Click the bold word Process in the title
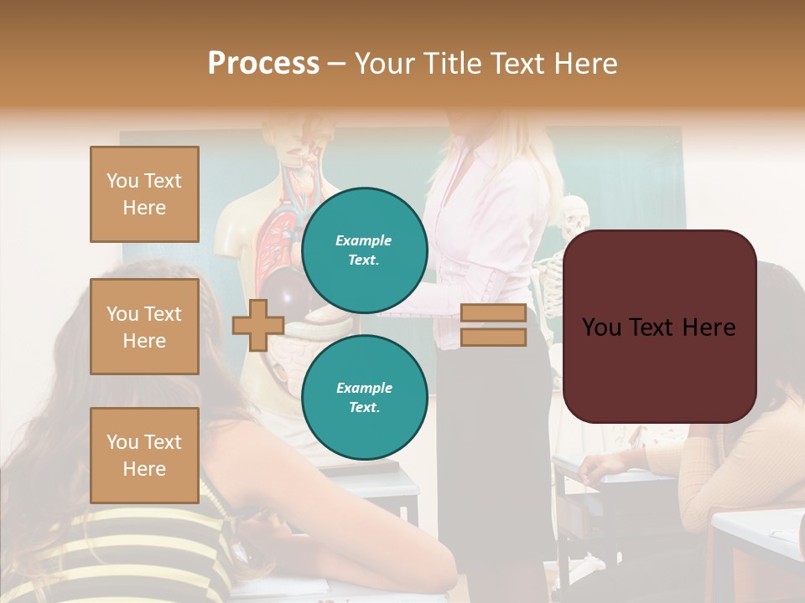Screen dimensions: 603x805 coord(263,64)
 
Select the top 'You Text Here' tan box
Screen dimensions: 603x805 coord(144,194)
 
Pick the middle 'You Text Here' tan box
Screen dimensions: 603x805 coord(144,327)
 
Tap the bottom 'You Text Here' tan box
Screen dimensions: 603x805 coord(144,455)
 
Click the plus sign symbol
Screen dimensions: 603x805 coord(257,325)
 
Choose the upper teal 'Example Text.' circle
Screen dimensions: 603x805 coord(364,250)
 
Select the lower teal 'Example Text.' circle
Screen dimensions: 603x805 coord(364,397)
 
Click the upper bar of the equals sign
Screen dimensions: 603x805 coord(493,313)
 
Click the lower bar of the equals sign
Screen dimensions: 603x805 coord(493,337)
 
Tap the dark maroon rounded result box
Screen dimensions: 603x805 coord(659,327)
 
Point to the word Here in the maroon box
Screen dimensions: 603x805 coord(707,327)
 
